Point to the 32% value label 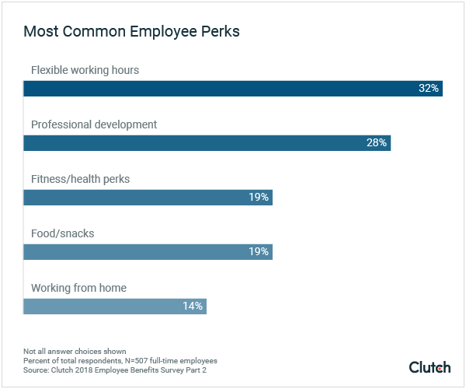click(429, 88)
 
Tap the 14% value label click(193, 306)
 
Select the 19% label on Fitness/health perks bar click(259, 197)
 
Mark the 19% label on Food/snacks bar click(259, 251)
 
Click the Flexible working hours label click(85, 70)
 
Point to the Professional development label click(94, 124)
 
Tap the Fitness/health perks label click(80, 179)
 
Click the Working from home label click(78, 288)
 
